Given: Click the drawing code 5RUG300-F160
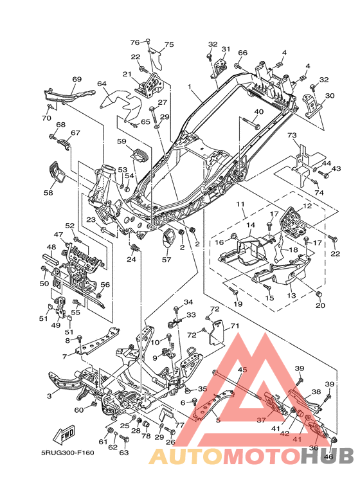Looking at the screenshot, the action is pyautogui.click(x=67, y=452).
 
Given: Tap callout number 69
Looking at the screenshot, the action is pyautogui.click(x=77, y=79).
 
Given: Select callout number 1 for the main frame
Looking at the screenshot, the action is pyautogui.click(x=190, y=87).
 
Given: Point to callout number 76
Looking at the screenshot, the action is pyautogui.click(x=135, y=42).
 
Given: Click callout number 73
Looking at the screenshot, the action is pyautogui.click(x=292, y=136).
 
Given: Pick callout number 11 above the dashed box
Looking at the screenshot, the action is pyautogui.click(x=240, y=204).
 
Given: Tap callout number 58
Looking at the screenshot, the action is pyautogui.click(x=48, y=192).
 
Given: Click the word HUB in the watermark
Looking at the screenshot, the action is pyautogui.click(x=327, y=455).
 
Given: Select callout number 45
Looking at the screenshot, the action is pyautogui.click(x=242, y=370).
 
